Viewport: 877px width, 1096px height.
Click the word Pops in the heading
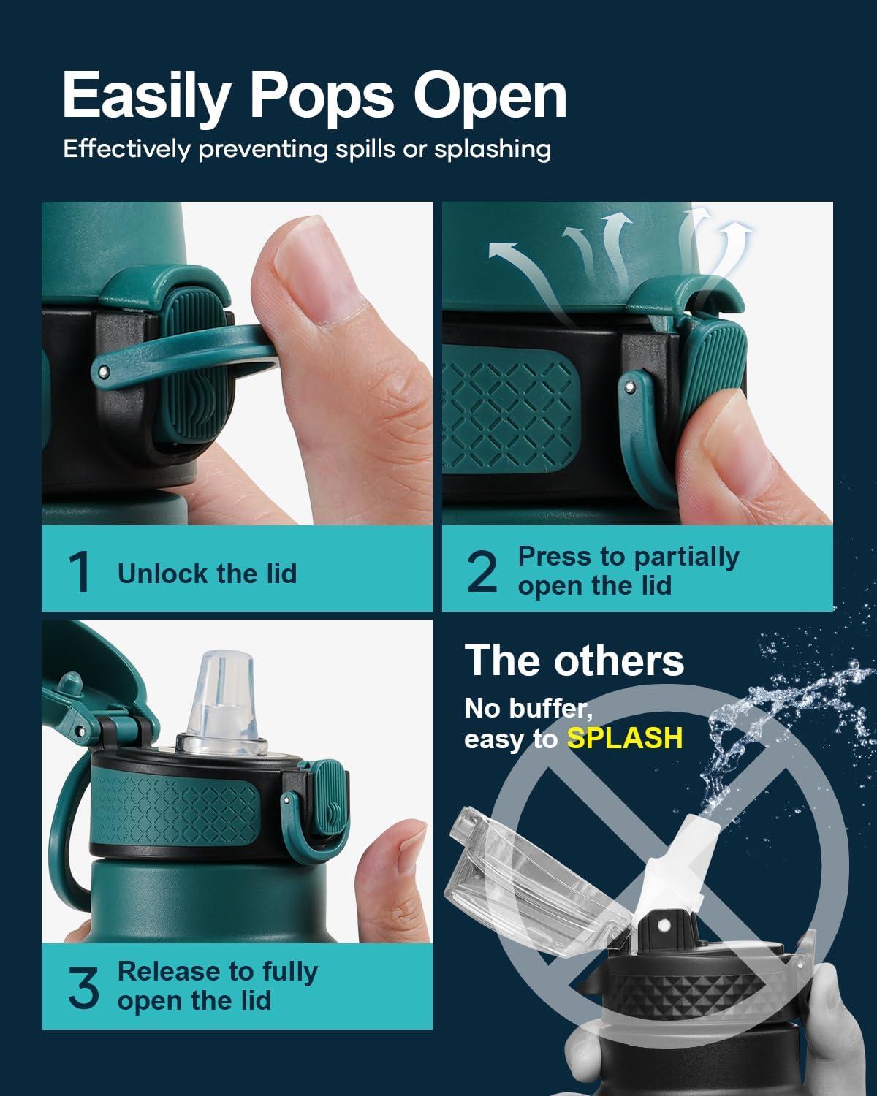322,96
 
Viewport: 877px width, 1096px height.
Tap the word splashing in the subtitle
493,150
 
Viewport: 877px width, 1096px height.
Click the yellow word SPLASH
625,738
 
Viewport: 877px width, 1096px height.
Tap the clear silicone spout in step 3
222,702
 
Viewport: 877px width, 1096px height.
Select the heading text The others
574,661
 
